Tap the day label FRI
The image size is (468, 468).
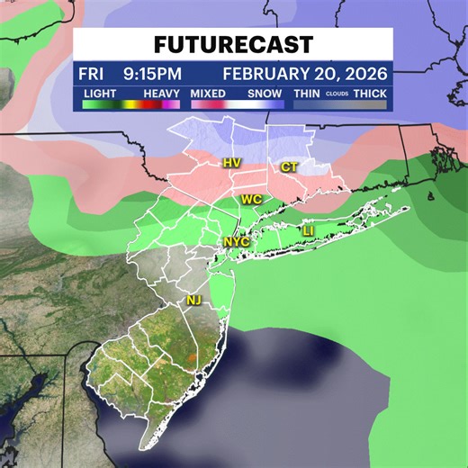click(91, 73)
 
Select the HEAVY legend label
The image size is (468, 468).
click(163, 93)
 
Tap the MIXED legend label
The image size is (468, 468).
click(209, 93)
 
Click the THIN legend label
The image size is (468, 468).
click(307, 93)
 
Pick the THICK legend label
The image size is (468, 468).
click(370, 93)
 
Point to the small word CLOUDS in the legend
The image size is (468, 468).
click(337, 94)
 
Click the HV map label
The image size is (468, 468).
click(230, 163)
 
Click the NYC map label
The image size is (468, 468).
click(233, 242)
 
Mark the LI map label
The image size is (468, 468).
click(308, 232)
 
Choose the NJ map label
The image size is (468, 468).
click(193, 300)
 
